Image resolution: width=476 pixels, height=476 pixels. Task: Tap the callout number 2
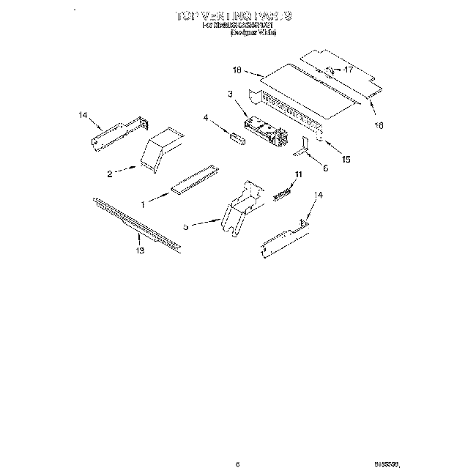110,175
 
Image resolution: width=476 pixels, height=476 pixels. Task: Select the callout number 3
229,94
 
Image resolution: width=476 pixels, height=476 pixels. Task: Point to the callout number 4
206,117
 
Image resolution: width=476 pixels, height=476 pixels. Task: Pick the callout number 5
185,227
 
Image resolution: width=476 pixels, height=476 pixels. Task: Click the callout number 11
298,174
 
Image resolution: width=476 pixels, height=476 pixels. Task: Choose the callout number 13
139,251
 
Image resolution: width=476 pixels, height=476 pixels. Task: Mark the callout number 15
346,159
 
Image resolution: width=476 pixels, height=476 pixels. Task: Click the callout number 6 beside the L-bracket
325,168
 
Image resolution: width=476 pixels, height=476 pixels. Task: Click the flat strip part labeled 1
195,180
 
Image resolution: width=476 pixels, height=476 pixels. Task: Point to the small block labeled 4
235,138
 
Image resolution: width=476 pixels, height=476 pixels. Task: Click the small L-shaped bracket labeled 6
305,148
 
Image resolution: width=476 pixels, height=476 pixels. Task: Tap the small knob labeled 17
330,71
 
